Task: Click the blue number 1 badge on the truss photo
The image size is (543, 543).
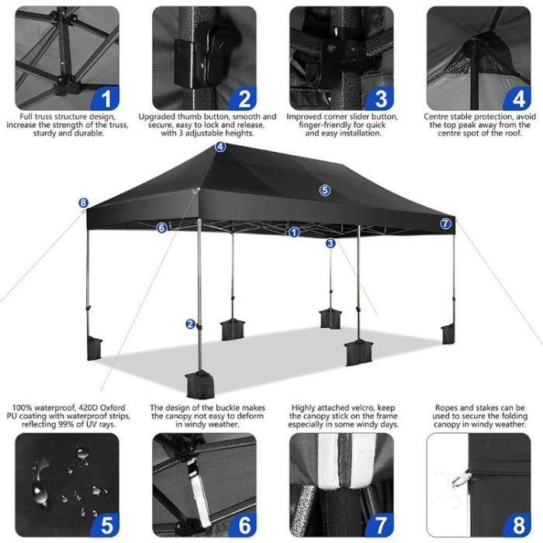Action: (105, 99)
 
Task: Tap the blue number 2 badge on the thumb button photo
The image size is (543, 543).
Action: (244, 99)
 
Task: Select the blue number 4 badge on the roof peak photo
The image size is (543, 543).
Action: (517, 99)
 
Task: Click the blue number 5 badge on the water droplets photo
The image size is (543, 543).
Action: (105, 524)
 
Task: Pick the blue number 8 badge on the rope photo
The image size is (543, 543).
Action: (517, 524)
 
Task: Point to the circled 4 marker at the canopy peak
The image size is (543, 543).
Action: (220, 147)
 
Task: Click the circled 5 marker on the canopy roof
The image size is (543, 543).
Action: (324, 190)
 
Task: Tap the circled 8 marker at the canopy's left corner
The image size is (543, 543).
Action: (84, 203)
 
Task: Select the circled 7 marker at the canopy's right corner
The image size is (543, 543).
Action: (446, 223)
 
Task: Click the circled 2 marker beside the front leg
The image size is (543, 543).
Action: (191, 324)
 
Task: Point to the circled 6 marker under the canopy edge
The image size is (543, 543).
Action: (161, 228)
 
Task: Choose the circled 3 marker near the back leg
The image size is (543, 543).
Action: (330, 244)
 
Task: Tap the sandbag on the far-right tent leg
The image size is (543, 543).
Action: (448, 334)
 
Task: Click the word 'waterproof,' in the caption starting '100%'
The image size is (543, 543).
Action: (54, 407)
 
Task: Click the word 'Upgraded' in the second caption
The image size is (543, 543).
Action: (157, 116)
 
